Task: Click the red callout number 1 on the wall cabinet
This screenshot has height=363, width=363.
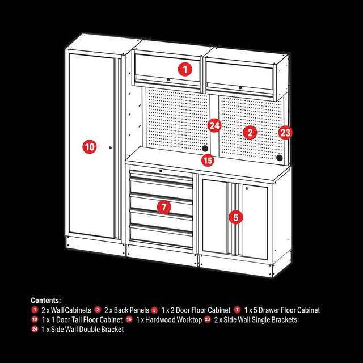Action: pyautogui.click(x=185, y=70)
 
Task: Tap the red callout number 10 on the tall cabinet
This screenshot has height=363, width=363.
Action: pyautogui.click(x=89, y=146)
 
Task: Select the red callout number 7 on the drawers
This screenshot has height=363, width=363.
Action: pyautogui.click(x=163, y=207)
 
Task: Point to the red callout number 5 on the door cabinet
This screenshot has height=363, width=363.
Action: pyautogui.click(x=237, y=216)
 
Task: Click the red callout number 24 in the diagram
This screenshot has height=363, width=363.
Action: pyautogui.click(x=214, y=125)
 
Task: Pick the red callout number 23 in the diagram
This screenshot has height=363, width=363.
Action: pyautogui.click(x=285, y=133)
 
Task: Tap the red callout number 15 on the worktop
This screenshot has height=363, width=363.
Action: pyautogui.click(x=208, y=161)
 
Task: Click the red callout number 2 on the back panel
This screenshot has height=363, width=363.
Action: pyautogui.click(x=250, y=133)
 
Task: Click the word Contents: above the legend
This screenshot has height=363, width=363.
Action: pyautogui.click(x=46, y=301)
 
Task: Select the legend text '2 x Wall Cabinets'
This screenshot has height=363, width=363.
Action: pyautogui.click(x=66, y=310)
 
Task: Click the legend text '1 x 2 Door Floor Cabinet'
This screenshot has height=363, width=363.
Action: pyautogui.click(x=196, y=310)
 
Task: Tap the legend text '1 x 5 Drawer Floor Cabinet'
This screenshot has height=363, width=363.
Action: pyautogui.click(x=282, y=310)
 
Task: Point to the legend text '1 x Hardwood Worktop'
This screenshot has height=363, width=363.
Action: pyautogui.click(x=168, y=320)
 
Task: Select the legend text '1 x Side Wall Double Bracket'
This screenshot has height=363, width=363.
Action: pyautogui.click(x=82, y=330)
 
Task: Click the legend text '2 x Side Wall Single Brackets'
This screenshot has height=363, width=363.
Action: pyautogui.click(x=255, y=320)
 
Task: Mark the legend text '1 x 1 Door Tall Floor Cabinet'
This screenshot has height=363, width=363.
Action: pyautogui.click(x=82, y=320)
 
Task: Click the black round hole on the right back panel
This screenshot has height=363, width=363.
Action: pyautogui.click(x=279, y=158)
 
